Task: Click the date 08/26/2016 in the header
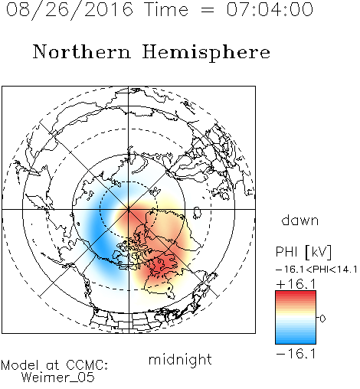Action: [x=70, y=10]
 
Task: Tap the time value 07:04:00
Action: [x=270, y=9]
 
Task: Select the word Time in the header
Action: [x=166, y=9]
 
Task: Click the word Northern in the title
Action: [x=82, y=51]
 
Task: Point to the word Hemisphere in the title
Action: [x=206, y=53]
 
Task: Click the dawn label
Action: [x=300, y=221]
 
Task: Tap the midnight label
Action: [x=180, y=359]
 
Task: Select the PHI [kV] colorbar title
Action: [x=303, y=252]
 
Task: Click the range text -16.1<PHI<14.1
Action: [x=316, y=270]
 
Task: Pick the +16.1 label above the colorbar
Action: [x=296, y=284]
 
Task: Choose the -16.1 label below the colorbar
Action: [x=296, y=354]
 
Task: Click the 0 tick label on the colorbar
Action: [x=322, y=319]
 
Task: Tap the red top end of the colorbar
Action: [x=296, y=293]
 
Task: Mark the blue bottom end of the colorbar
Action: [x=296, y=341]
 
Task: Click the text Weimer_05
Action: [x=58, y=378]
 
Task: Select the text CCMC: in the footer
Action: [x=87, y=365]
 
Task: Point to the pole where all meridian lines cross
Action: [x=129, y=209]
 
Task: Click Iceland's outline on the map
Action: [x=197, y=213]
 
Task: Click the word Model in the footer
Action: [x=20, y=365]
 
